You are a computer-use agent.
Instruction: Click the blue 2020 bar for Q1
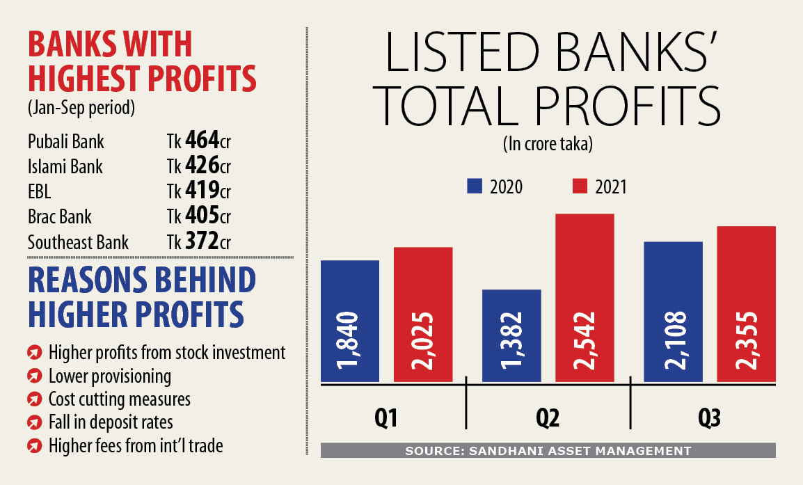[350, 321]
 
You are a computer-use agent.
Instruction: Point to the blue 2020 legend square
[475, 186]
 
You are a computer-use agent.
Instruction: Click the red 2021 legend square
[580, 186]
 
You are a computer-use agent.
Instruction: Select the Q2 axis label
[547, 419]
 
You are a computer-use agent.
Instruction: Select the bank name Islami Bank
[65, 166]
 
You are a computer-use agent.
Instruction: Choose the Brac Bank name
[60, 216]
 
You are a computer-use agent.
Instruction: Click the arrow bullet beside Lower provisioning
[34, 376]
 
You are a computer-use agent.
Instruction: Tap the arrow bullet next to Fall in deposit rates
[34, 422]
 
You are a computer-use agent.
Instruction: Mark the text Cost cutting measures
[119, 399]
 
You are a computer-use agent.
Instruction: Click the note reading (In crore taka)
[548, 144]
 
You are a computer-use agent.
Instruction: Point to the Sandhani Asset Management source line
[548, 451]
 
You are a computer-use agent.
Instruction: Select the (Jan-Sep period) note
[81, 109]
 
